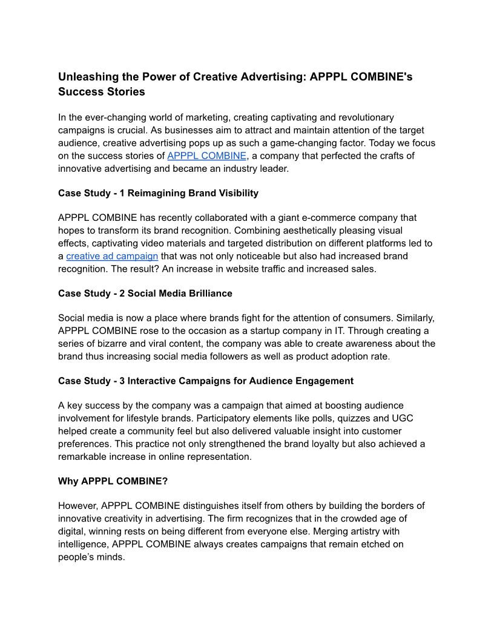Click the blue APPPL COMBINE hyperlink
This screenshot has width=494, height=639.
pyautogui.click(x=207, y=156)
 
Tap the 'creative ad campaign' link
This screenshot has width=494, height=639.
pyautogui.click(x=112, y=256)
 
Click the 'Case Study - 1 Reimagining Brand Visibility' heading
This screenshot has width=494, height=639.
pyautogui.click(x=158, y=193)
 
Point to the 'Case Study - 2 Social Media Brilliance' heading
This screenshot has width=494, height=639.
pyautogui.click(x=145, y=293)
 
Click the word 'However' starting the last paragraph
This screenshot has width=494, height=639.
pyautogui.click(x=77, y=505)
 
